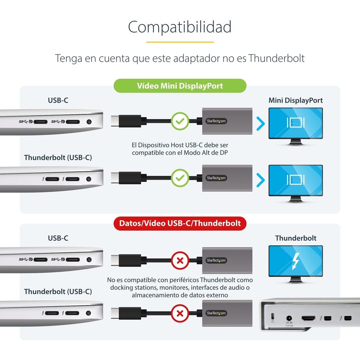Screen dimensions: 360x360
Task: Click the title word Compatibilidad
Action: [x=180, y=27]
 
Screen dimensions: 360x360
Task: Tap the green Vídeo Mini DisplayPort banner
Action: [x=180, y=86]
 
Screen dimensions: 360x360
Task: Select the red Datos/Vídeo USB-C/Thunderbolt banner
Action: [x=180, y=223]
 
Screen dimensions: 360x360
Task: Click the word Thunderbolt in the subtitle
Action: [x=276, y=58]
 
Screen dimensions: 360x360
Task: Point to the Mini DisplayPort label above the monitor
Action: [x=295, y=100]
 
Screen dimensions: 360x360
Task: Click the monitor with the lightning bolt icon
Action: [x=296, y=264]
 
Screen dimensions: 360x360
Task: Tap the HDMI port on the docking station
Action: [x=308, y=318]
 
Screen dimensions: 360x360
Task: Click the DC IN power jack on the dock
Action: [x=289, y=318]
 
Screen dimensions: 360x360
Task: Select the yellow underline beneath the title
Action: [x=180, y=42]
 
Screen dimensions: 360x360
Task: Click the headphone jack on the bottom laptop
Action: [x=88, y=313]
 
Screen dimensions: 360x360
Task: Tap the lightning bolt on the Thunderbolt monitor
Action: [x=296, y=261]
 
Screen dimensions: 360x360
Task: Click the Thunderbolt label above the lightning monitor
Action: [x=296, y=238]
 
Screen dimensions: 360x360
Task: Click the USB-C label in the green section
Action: [x=58, y=100]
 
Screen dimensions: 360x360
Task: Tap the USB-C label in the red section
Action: [x=58, y=238]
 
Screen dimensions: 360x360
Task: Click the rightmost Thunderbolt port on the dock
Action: [x=348, y=318]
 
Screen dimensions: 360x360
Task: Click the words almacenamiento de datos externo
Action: [x=180, y=295]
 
